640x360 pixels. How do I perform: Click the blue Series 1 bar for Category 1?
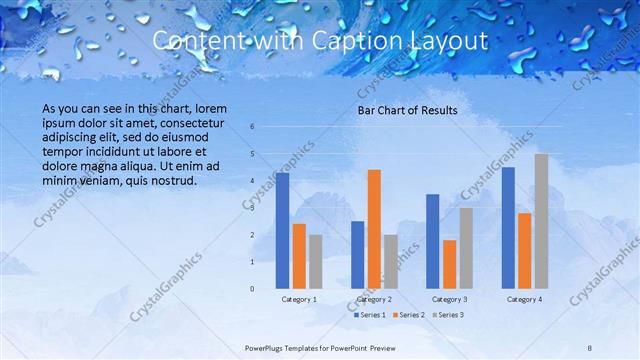click(x=282, y=231)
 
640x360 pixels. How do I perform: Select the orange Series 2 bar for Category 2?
click(x=374, y=229)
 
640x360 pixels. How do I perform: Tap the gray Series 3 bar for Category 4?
click(x=541, y=221)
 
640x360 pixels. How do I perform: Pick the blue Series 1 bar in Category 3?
click(x=432, y=241)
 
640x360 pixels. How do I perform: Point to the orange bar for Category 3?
click(x=449, y=264)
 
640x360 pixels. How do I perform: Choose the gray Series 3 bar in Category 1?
click(x=316, y=262)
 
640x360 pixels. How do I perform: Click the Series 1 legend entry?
click(x=371, y=315)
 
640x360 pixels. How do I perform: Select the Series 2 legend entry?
click(x=410, y=315)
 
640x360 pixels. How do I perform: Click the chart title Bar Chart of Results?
click(x=407, y=110)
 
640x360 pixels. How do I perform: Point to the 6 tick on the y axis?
click(x=252, y=126)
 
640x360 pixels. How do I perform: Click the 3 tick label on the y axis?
click(x=252, y=207)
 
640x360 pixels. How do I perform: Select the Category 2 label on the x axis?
click(x=374, y=299)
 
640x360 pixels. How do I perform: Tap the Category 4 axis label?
click(x=524, y=299)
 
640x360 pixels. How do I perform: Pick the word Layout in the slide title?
click(x=449, y=41)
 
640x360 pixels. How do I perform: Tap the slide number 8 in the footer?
click(x=590, y=347)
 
